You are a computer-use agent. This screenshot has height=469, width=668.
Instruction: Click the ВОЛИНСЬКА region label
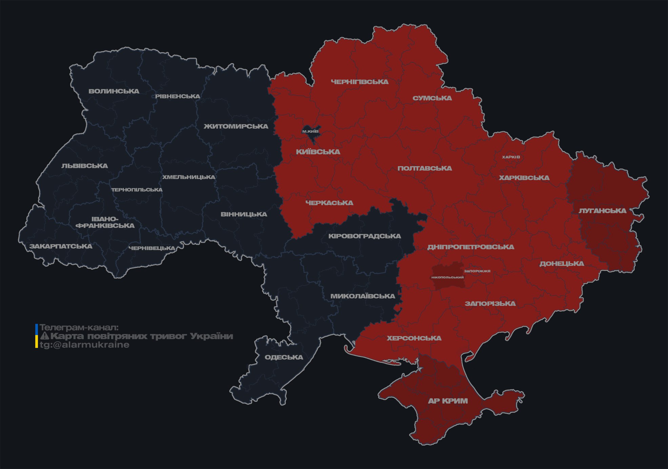pyautogui.click(x=114, y=91)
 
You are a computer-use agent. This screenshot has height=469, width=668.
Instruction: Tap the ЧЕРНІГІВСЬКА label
pyautogui.click(x=360, y=82)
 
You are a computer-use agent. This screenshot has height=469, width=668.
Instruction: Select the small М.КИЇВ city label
pyautogui.click(x=310, y=131)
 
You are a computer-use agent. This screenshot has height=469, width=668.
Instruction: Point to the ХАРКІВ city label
pyautogui.click(x=511, y=157)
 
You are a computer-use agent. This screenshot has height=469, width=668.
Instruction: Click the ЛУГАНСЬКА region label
pyautogui.click(x=602, y=211)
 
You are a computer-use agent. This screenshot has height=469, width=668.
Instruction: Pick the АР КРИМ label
pyautogui.click(x=448, y=401)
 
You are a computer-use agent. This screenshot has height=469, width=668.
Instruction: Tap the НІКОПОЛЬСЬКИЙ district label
pyautogui.click(x=447, y=277)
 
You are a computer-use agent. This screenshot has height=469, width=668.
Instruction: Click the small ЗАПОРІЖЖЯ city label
pyautogui.click(x=477, y=271)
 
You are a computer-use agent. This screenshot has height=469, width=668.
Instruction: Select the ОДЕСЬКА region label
pyautogui.click(x=284, y=357)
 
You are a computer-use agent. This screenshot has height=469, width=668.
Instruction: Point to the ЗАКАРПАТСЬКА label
pyautogui.click(x=61, y=246)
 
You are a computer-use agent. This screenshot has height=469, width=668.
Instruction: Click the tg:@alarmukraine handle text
pyautogui.click(x=84, y=345)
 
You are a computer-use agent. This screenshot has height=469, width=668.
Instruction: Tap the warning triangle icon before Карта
pyautogui.click(x=44, y=336)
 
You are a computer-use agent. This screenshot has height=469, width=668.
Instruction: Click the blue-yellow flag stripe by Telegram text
pyautogui.click(x=37, y=336)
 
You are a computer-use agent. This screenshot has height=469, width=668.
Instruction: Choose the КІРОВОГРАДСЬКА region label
pyautogui.click(x=364, y=236)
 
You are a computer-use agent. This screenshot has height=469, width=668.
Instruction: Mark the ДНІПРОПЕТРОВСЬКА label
pyautogui.click(x=470, y=247)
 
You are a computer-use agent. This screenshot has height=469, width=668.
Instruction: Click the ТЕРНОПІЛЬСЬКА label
pyautogui.click(x=137, y=190)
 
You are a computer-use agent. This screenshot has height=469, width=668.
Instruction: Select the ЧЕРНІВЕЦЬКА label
pyautogui.click(x=151, y=248)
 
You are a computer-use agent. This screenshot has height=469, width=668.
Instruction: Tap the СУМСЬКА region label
pyautogui.click(x=432, y=98)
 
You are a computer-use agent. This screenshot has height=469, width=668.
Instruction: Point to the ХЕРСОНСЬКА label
pyautogui.click(x=414, y=338)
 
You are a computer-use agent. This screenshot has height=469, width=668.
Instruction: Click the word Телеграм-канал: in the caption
pyautogui.click(x=79, y=328)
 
